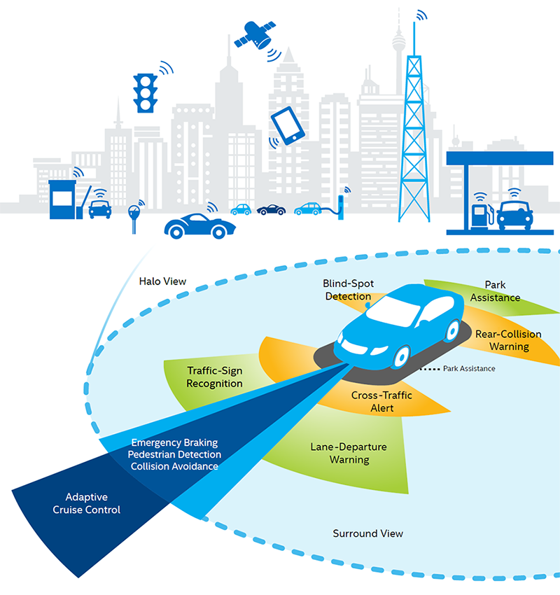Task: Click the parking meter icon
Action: (134, 214)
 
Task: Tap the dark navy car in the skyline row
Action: (271, 209)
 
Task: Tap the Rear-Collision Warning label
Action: (507, 339)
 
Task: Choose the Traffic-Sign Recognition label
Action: (215, 377)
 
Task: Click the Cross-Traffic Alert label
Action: (381, 402)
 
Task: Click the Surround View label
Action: (367, 533)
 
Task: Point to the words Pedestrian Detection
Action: (174, 454)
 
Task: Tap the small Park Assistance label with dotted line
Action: (469, 368)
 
